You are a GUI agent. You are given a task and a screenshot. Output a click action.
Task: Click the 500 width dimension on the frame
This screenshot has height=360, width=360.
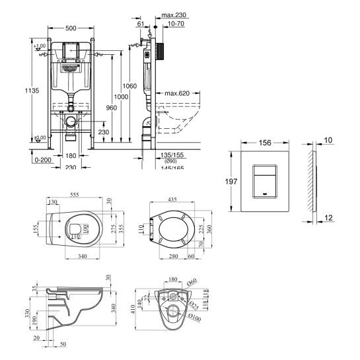[x=73, y=29]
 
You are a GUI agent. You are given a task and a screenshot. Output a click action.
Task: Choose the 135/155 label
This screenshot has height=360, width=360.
[x=170, y=155]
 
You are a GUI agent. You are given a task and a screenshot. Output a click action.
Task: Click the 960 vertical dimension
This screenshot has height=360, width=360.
[x=111, y=107]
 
